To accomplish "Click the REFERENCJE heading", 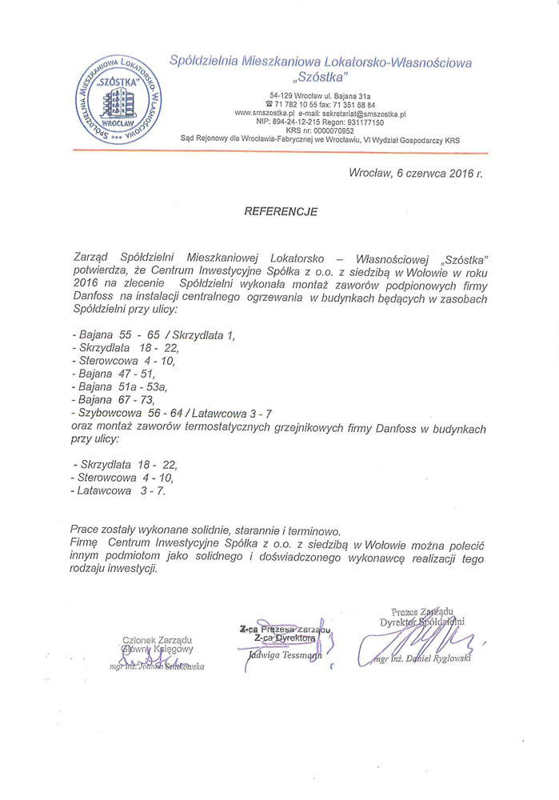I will pyautogui.click(x=280, y=212).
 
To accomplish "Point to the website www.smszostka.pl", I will pyautogui.click(x=266, y=114).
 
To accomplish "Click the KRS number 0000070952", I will pyautogui.click(x=336, y=130).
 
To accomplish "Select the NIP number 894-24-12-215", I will pyautogui.click(x=301, y=122).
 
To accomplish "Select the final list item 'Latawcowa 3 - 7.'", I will pyautogui.click(x=118, y=490).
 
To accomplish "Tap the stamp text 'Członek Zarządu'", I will pyautogui.click(x=158, y=639).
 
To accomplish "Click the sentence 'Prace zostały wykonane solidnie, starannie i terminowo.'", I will pyautogui.click(x=206, y=530).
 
